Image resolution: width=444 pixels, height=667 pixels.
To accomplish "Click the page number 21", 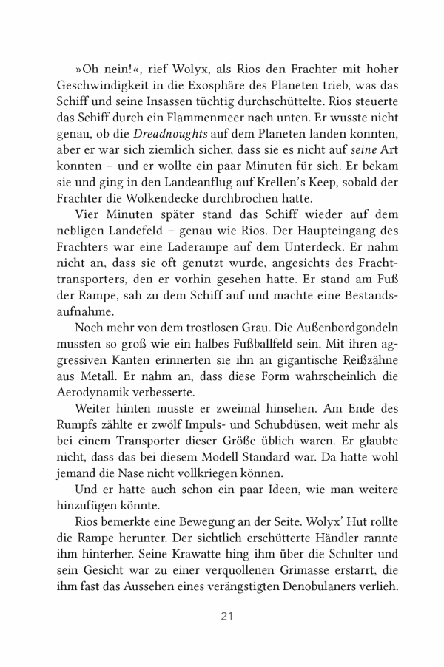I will coord(222,616).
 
